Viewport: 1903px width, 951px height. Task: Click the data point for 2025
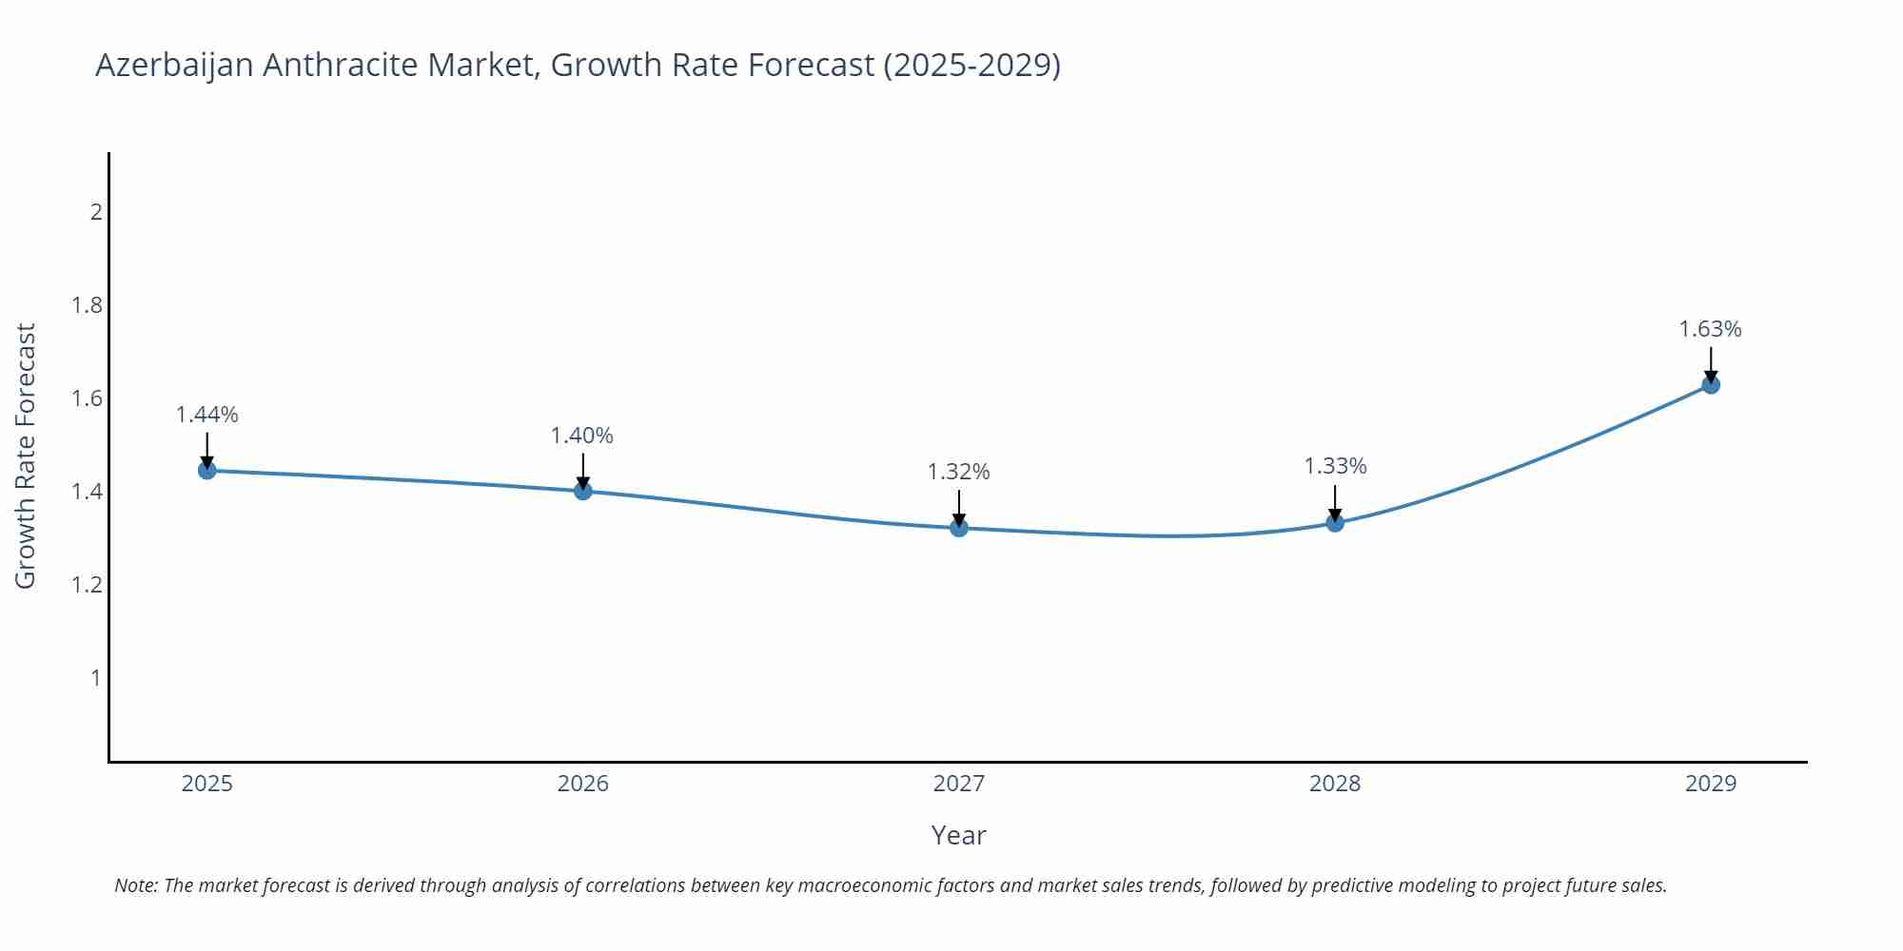point(207,470)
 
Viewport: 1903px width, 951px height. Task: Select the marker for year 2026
point(583,491)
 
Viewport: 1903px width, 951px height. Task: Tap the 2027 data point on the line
point(959,528)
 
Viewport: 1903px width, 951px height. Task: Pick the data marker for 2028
point(1335,522)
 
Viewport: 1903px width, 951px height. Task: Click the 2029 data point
point(1711,385)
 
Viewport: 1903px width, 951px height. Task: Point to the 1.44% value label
point(207,415)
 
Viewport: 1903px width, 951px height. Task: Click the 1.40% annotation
point(582,436)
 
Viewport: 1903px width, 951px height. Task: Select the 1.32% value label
point(959,472)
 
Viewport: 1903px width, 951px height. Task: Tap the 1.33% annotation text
point(1335,466)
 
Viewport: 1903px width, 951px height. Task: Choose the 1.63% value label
point(1710,329)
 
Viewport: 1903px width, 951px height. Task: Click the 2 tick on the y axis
point(96,212)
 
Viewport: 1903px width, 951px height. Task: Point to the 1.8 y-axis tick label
point(88,305)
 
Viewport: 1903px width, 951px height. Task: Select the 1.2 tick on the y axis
point(88,585)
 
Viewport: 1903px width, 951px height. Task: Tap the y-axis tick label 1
point(96,678)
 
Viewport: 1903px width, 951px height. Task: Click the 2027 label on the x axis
point(959,784)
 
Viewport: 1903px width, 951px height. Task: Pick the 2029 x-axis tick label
point(1711,784)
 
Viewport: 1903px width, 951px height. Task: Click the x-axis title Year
point(959,835)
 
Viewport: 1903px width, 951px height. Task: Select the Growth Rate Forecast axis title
point(26,456)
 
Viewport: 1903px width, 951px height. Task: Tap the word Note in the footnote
point(135,885)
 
